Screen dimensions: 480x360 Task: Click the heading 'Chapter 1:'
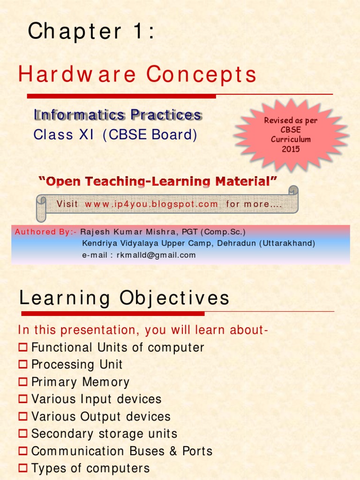pos(91,32)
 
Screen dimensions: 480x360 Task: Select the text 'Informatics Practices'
pos(118,115)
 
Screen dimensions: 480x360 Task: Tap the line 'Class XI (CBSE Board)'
pos(115,135)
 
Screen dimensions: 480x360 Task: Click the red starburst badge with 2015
pos(291,135)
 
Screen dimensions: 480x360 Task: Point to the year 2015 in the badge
pos(291,149)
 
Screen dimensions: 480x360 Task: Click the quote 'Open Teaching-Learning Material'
pos(157,181)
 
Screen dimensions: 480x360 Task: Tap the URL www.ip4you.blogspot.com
pos(151,204)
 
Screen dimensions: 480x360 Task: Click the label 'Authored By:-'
pos(45,232)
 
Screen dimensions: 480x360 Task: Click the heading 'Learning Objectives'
pos(124,298)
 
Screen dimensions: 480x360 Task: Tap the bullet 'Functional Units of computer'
pos(118,348)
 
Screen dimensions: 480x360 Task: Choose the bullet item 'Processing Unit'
pos(77,365)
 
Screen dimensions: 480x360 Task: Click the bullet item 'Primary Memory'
pos(80,382)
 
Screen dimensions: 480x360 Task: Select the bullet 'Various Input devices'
pos(96,399)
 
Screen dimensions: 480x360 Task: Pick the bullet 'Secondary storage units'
pos(104,434)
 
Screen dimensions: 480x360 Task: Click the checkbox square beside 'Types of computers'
pos(23,468)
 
